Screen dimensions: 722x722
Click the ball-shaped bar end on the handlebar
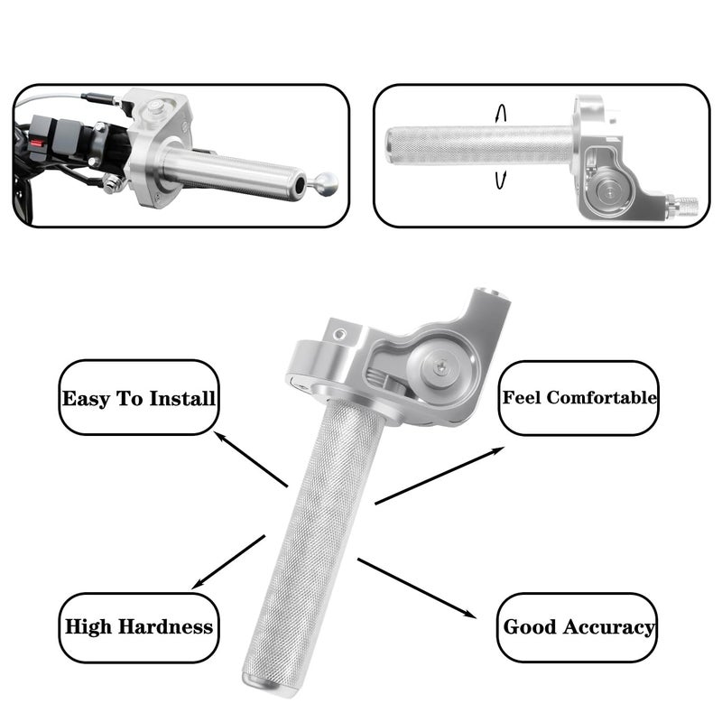point(328,184)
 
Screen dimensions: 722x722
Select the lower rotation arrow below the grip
point(499,180)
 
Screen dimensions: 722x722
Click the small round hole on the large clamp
point(337,335)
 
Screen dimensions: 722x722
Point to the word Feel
point(523,397)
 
